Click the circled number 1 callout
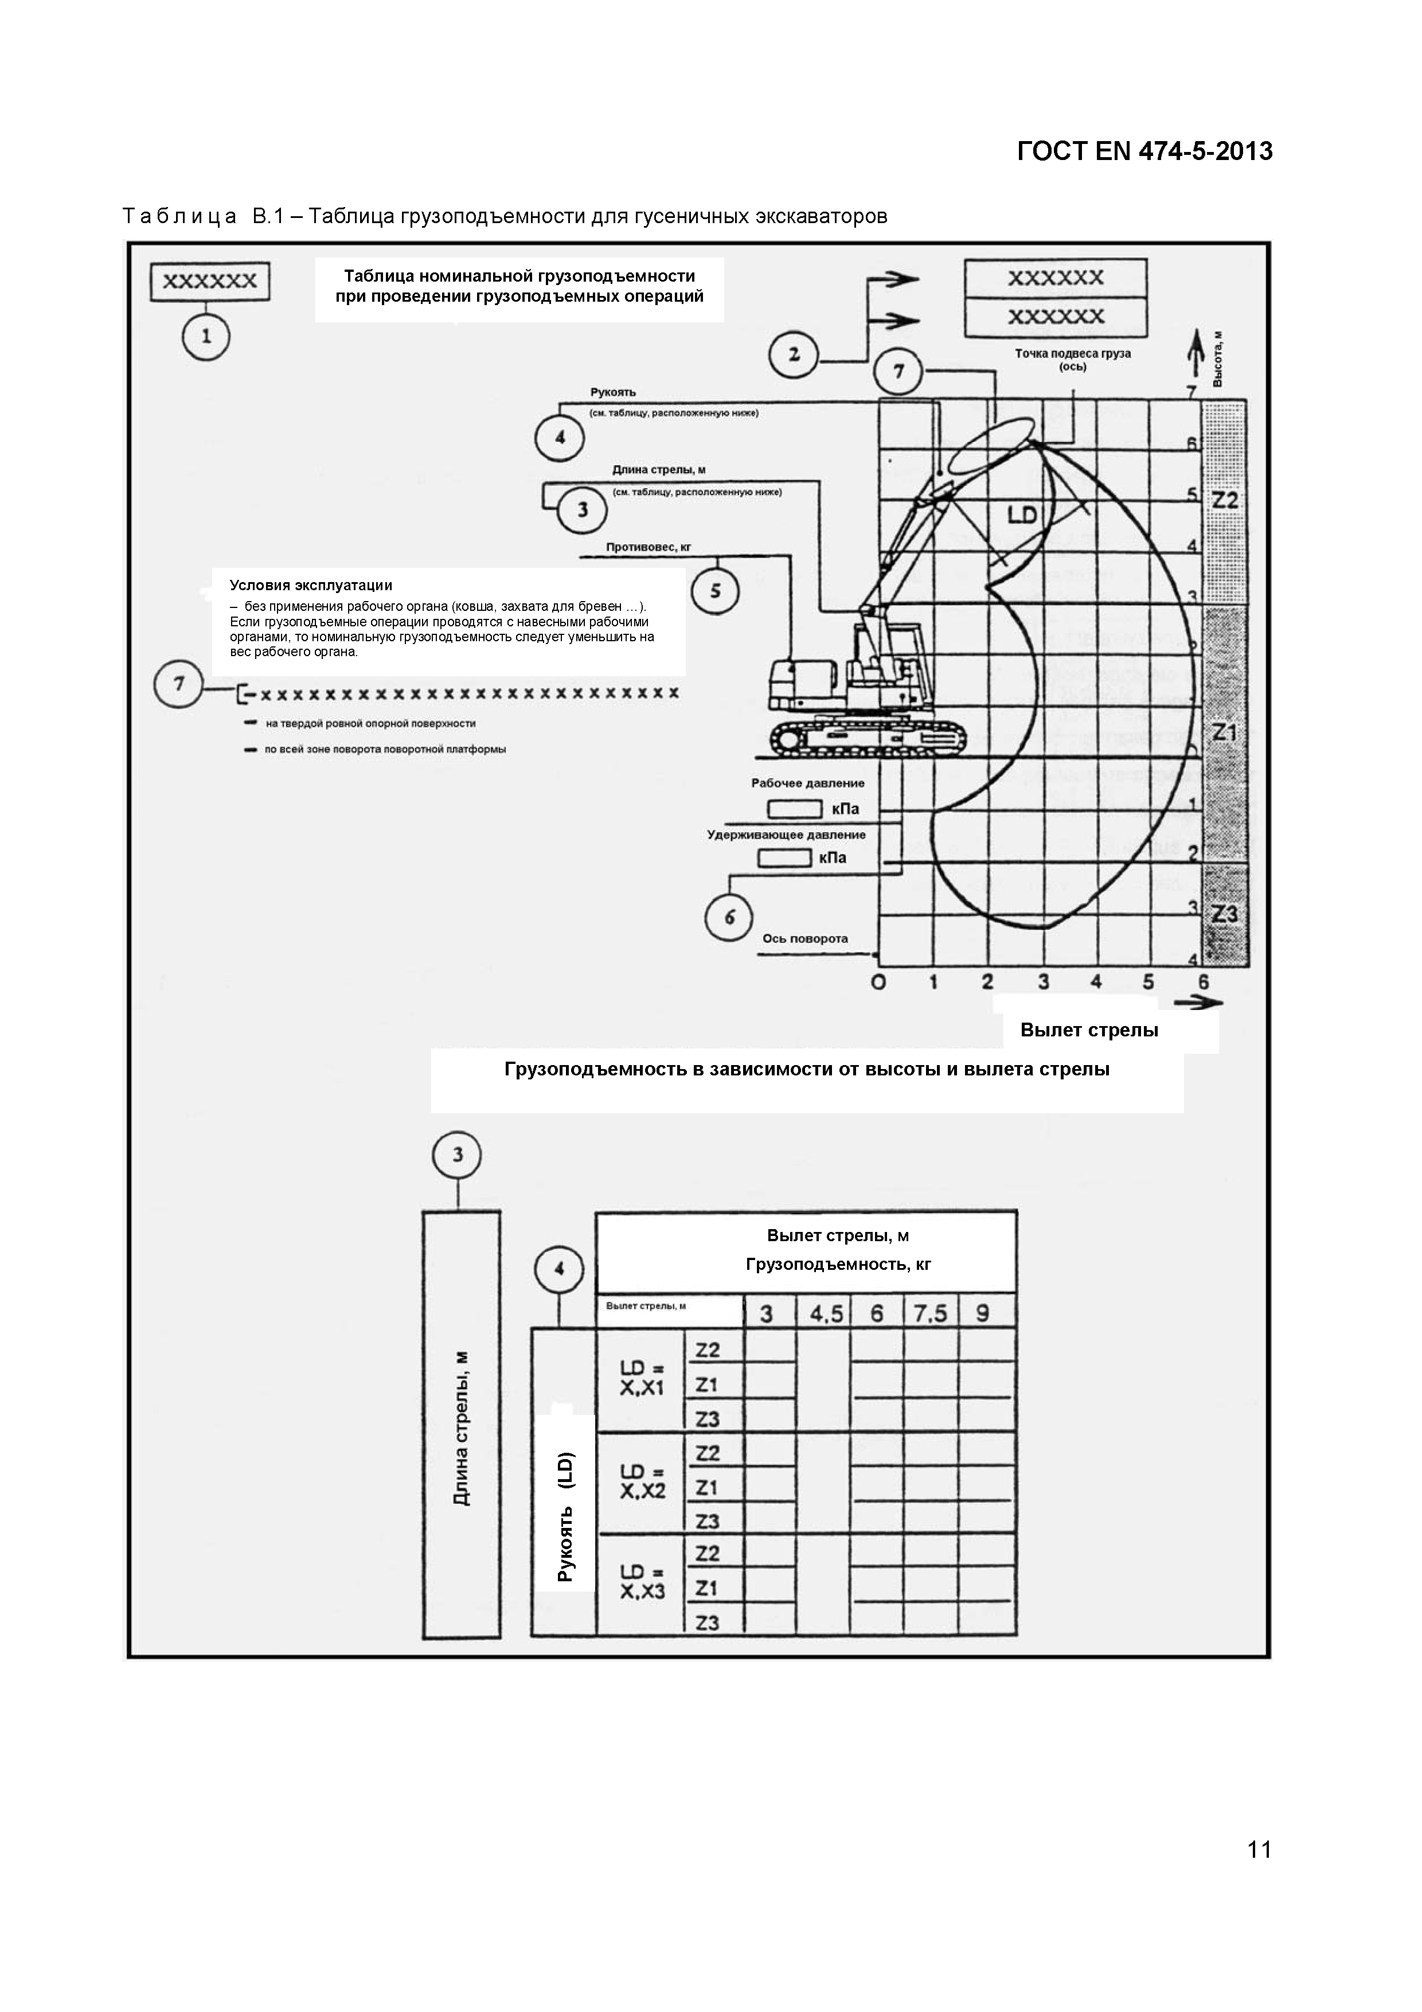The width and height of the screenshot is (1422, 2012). tap(206, 337)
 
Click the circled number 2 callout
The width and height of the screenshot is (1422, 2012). tap(793, 355)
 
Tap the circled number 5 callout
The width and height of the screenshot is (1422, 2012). tap(715, 591)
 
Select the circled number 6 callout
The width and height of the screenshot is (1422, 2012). tap(729, 918)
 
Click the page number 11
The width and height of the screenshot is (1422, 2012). tap(1259, 1850)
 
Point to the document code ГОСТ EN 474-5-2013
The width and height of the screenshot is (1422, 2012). tap(1144, 151)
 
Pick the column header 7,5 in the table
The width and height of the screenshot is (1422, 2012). tap(931, 1313)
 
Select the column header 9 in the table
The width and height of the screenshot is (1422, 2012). tap(983, 1313)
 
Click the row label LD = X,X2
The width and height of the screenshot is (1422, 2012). tap(642, 1481)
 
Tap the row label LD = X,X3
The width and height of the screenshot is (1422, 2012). tap(642, 1582)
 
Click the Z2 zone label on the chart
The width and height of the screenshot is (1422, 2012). tap(1224, 500)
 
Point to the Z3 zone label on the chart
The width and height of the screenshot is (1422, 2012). tap(1224, 915)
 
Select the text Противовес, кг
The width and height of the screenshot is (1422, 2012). tap(649, 547)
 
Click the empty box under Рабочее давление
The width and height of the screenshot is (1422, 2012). tap(795, 809)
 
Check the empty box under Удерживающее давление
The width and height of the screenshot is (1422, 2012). tap(784, 858)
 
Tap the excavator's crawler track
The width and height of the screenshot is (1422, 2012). tap(868, 739)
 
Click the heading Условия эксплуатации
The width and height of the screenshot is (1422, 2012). tap(311, 586)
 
